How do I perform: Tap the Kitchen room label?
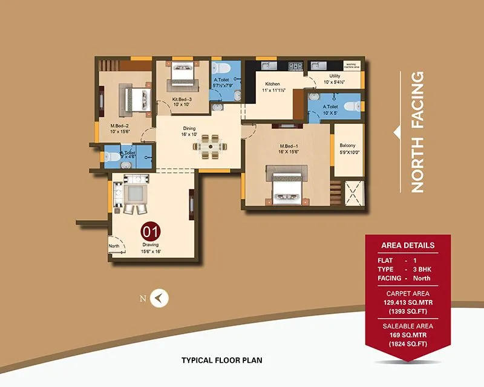pos(272,83)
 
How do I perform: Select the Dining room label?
pos(190,128)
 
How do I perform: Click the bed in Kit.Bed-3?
pos(182,77)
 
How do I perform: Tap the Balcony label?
pos(348,146)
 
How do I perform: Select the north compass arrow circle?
pos(160,298)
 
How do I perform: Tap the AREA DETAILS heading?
pos(407,246)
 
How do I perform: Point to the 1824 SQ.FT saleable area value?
pos(407,343)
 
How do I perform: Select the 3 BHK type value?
pos(422,269)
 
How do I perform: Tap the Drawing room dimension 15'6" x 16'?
pos(151,251)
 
